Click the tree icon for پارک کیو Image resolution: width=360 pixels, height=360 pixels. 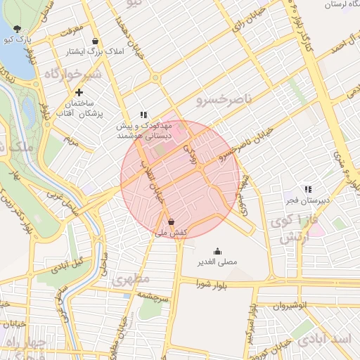pos(17,29)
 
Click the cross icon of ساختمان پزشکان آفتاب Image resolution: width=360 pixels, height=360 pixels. pos(79,92)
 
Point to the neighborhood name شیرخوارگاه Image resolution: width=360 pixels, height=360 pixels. pos(72,73)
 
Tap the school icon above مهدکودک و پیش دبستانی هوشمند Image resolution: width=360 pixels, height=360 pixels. pos(143,115)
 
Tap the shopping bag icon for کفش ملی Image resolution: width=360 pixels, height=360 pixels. pos(172,221)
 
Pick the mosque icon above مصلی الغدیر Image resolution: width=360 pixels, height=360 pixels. pos(217,251)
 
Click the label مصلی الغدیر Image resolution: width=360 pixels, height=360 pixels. pos(217,262)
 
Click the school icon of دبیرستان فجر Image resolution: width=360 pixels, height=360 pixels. pos(307,189)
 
